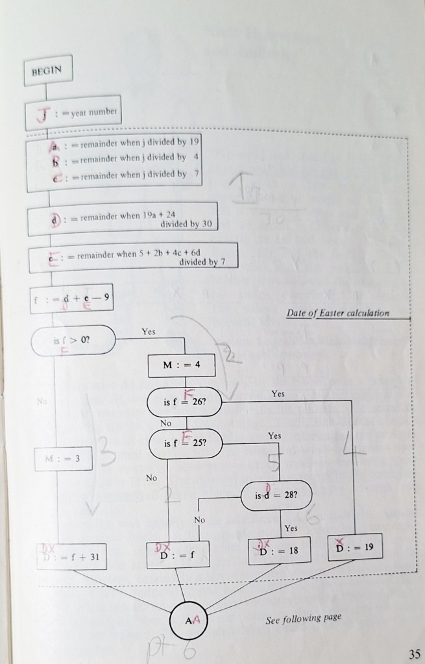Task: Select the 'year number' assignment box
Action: coord(73,113)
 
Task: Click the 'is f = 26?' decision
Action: coord(185,402)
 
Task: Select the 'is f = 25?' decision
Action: coord(185,445)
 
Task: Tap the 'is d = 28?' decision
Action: coord(276,497)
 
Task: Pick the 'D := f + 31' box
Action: coord(71,557)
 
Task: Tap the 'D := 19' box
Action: coord(355,548)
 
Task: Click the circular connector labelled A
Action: coord(189,621)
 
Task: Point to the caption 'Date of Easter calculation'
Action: coord(338,314)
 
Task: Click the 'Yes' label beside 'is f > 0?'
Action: coord(149,331)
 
